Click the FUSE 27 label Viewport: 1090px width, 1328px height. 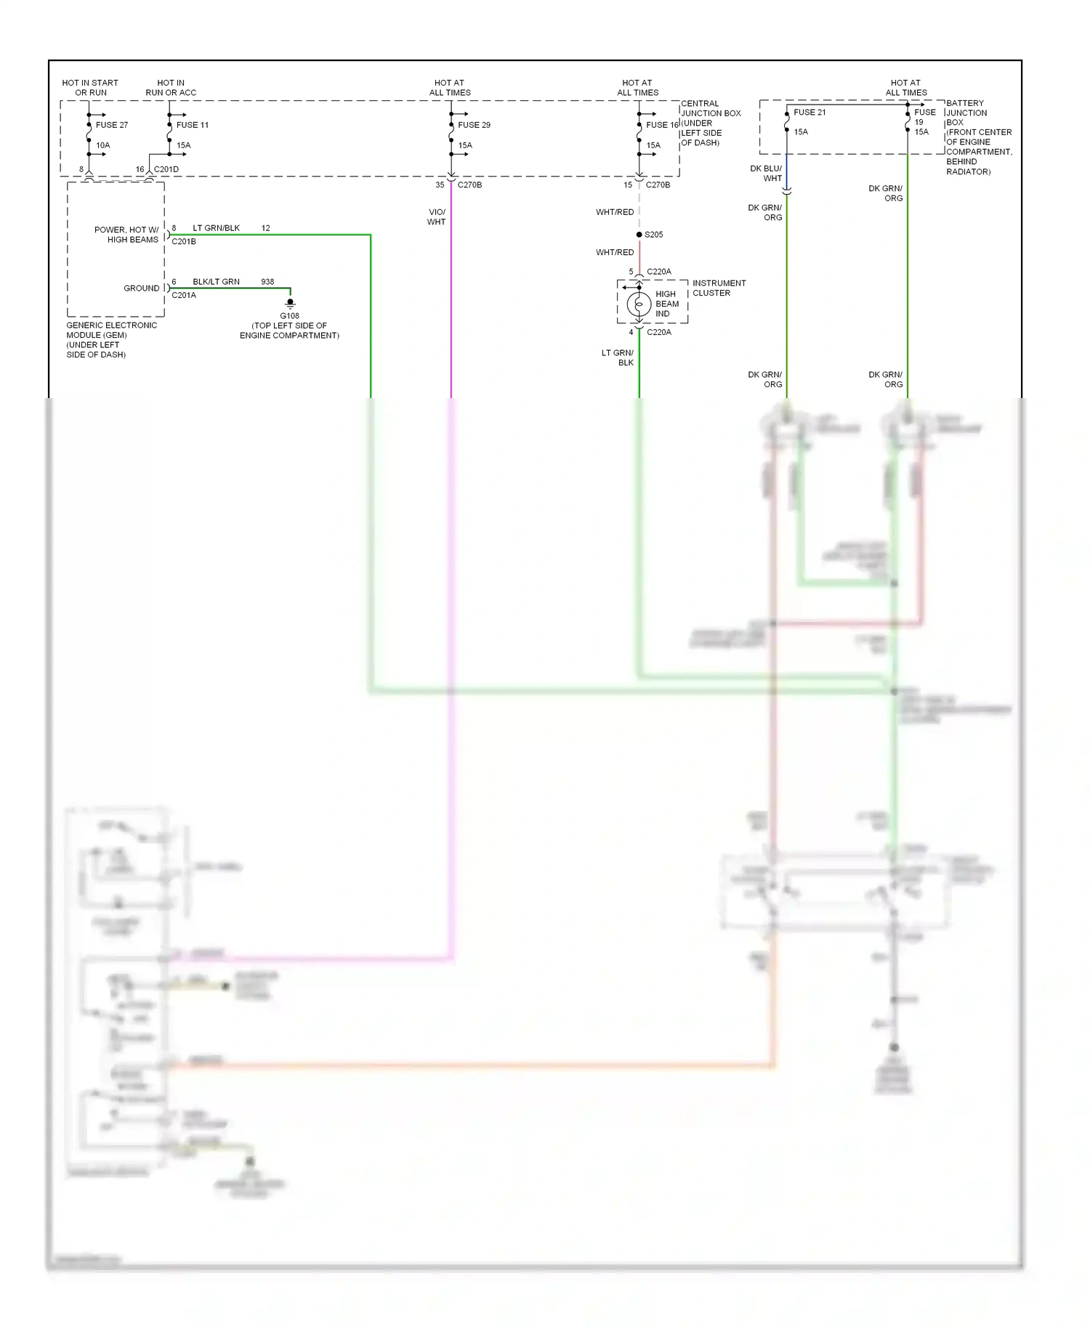112,125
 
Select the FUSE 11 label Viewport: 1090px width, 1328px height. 193,125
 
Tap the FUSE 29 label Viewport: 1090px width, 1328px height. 474,125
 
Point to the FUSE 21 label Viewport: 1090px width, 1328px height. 810,113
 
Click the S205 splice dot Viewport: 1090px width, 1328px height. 639,235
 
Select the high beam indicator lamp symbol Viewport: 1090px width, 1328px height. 639,304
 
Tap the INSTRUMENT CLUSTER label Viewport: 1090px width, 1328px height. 719,288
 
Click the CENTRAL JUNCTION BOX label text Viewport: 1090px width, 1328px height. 711,123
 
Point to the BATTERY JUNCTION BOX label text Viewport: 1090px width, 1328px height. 978,137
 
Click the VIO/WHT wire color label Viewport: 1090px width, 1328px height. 437,217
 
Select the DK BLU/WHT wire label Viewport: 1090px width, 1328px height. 767,174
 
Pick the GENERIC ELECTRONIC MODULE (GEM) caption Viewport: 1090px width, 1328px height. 111,339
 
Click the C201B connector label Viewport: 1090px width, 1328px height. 184,241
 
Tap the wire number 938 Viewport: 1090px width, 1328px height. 267,282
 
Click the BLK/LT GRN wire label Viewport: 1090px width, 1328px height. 216,282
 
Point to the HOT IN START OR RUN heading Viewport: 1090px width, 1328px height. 90,88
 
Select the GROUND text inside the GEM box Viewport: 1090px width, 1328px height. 141,288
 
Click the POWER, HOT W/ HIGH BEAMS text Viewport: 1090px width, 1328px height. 126,235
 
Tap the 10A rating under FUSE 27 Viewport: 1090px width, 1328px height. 103,145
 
